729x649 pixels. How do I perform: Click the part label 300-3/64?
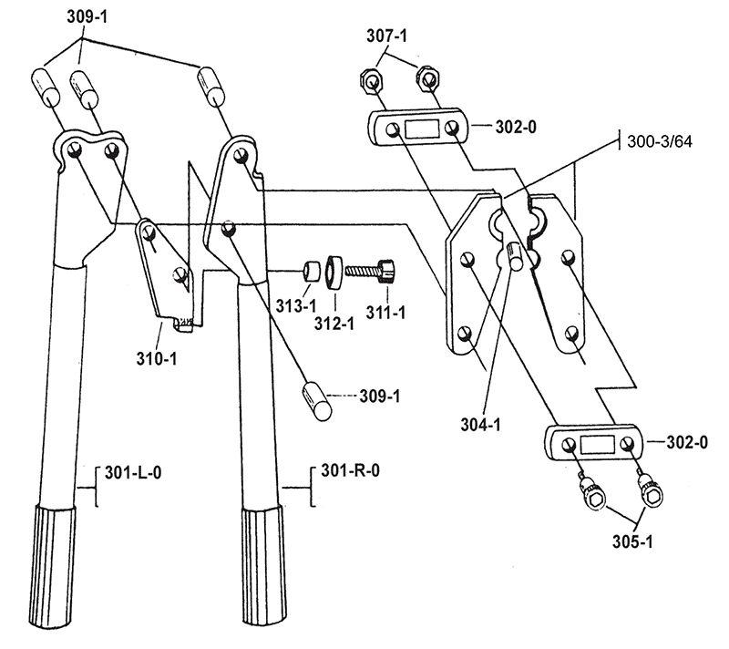[659, 141]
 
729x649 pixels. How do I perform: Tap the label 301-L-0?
[133, 473]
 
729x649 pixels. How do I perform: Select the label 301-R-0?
[350, 470]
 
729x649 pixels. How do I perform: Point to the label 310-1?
[157, 358]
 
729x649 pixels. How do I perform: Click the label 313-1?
[296, 306]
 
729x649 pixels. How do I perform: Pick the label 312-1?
[334, 323]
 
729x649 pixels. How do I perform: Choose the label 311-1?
[385, 312]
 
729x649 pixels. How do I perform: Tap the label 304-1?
[481, 425]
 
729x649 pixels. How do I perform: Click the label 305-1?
[632, 541]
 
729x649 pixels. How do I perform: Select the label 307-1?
[386, 36]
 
